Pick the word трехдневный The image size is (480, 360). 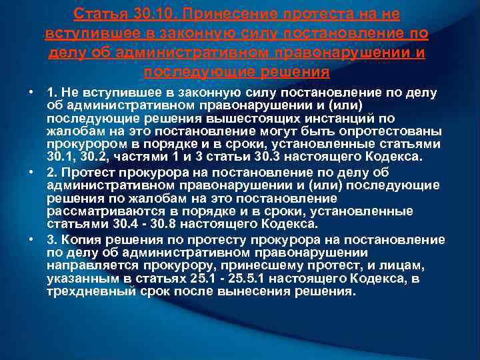click(91, 291)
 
